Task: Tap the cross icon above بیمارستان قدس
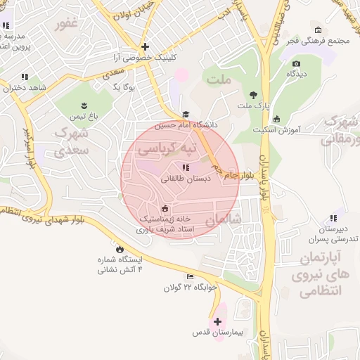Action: tap(217, 321)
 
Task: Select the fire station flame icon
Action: tap(119, 249)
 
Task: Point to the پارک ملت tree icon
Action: tap(253, 95)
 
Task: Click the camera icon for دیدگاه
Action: tap(296, 64)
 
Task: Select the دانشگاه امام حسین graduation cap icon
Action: tap(186, 115)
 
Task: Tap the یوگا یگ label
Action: tap(124, 87)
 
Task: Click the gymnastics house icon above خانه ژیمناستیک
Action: tap(165, 208)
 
